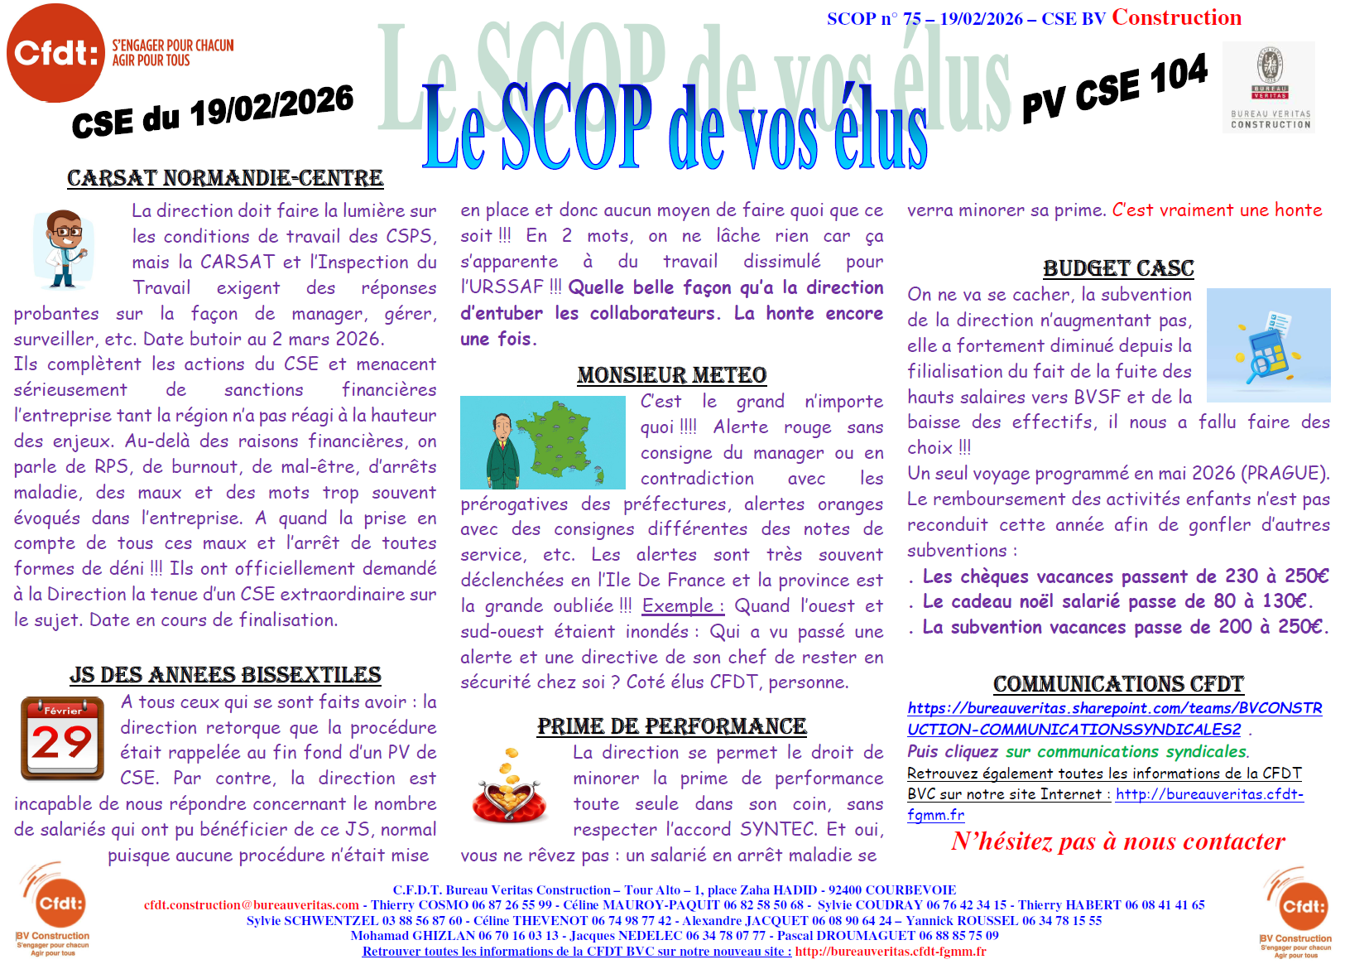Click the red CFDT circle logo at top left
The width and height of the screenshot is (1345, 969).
pyautogui.click(x=55, y=52)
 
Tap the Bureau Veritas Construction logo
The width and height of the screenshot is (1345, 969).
pyautogui.click(x=1269, y=87)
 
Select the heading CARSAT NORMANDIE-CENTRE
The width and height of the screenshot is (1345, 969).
pyautogui.click(x=225, y=178)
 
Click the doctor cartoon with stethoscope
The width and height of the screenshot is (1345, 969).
pyautogui.click(x=63, y=248)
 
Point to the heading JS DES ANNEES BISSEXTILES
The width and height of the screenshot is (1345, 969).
pyautogui.click(x=225, y=675)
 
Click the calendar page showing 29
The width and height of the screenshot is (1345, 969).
pyautogui.click(x=62, y=738)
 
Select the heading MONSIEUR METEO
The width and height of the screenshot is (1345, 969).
pyautogui.click(x=671, y=375)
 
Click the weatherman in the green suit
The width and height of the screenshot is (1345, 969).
pyautogui.click(x=502, y=447)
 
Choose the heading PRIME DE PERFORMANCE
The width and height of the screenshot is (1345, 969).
pyautogui.click(x=671, y=726)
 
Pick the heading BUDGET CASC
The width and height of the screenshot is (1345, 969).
pyautogui.click(x=1118, y=268)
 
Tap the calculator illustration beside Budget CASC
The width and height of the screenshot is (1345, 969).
pyautogui.click(x=1267, y=345)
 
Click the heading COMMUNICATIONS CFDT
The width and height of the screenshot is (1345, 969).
pyautogui.click(x=1118, y=684)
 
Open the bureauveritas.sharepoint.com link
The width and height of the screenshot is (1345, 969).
pyautogui.click(x=1114, y=718)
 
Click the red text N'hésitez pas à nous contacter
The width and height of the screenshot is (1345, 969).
pyautogui.click(x=1118, y=841)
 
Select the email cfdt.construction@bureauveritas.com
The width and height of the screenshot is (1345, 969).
pyautogui.click(x=252, y=904)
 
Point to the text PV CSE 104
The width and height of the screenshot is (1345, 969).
pyautogui.click(x=1114, y=89)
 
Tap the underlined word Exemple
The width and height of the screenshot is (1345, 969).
pyautogui.click(x=682, y=605)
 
